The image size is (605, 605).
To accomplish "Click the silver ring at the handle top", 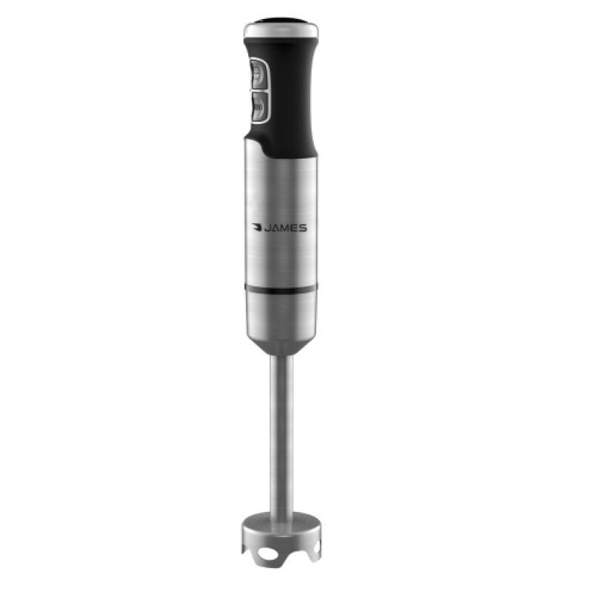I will [x=281, y=31].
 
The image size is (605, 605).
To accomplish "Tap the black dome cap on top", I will [x=281, y=20].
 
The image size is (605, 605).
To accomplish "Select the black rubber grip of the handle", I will [x=291, y=98].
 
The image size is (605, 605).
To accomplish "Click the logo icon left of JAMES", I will [x=257, y=227].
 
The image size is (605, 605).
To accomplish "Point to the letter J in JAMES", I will [x=268, y=227].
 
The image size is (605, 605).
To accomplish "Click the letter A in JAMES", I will [x=276, y=227].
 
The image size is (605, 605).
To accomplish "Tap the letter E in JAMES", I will [x=295, y=227].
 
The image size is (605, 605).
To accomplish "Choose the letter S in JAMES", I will [x=303, y=227].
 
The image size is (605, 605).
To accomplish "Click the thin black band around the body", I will [x=281, y=289].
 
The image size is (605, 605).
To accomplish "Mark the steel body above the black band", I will [x=281, y=189].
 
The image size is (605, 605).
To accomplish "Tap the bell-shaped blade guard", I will [x=281, y=529].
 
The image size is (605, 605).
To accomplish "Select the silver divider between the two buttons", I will [x=256, y=92].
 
